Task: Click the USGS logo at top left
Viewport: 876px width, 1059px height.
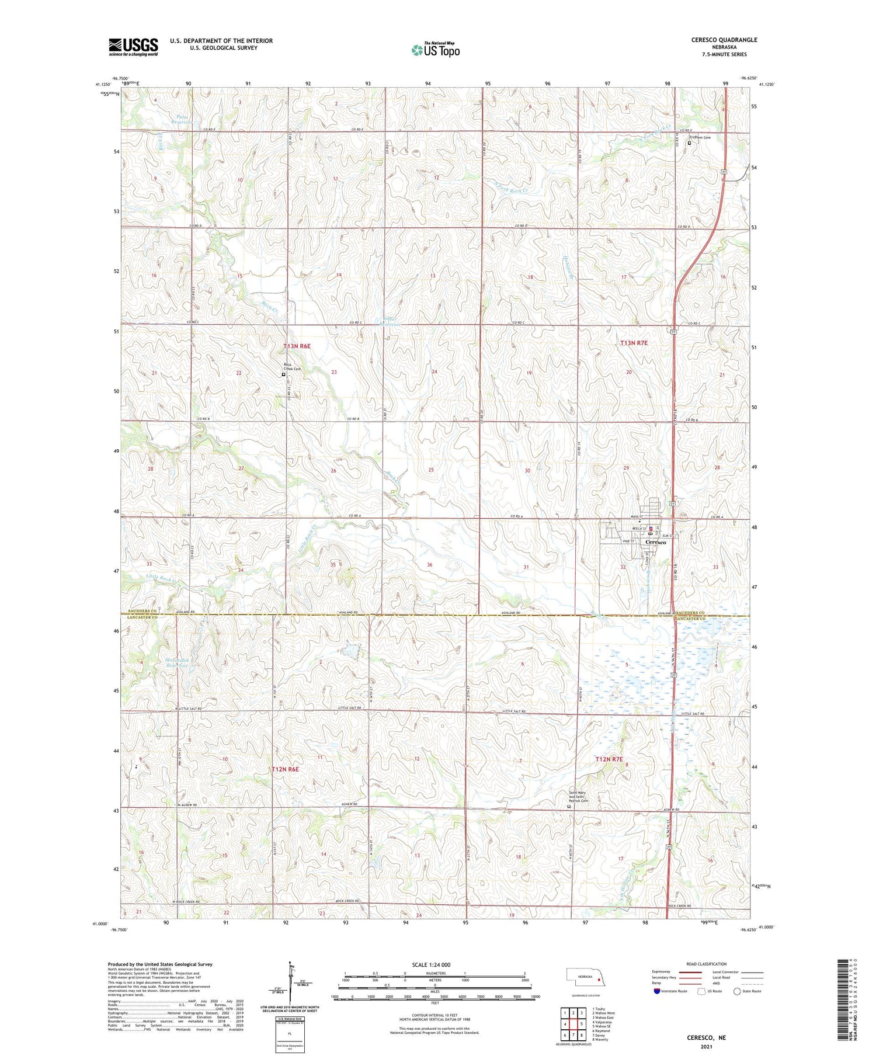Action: tap(133, 47)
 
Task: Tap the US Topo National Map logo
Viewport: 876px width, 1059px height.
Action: tap(436, 50)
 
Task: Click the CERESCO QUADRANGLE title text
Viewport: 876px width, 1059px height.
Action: tap(724, 40)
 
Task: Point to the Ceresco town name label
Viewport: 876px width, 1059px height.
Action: tap(655, 542)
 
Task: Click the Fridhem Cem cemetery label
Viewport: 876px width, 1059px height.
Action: tap(700, 137)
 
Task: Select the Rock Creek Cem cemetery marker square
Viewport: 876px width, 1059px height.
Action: tap(284, 375)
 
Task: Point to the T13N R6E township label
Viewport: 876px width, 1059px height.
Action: tap(297, 346)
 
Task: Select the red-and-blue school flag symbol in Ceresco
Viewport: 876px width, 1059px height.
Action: tap(651, 529)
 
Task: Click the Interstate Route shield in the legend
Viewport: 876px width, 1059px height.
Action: tap(657, 991)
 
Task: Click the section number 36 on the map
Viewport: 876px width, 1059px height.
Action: tap(430, 564)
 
